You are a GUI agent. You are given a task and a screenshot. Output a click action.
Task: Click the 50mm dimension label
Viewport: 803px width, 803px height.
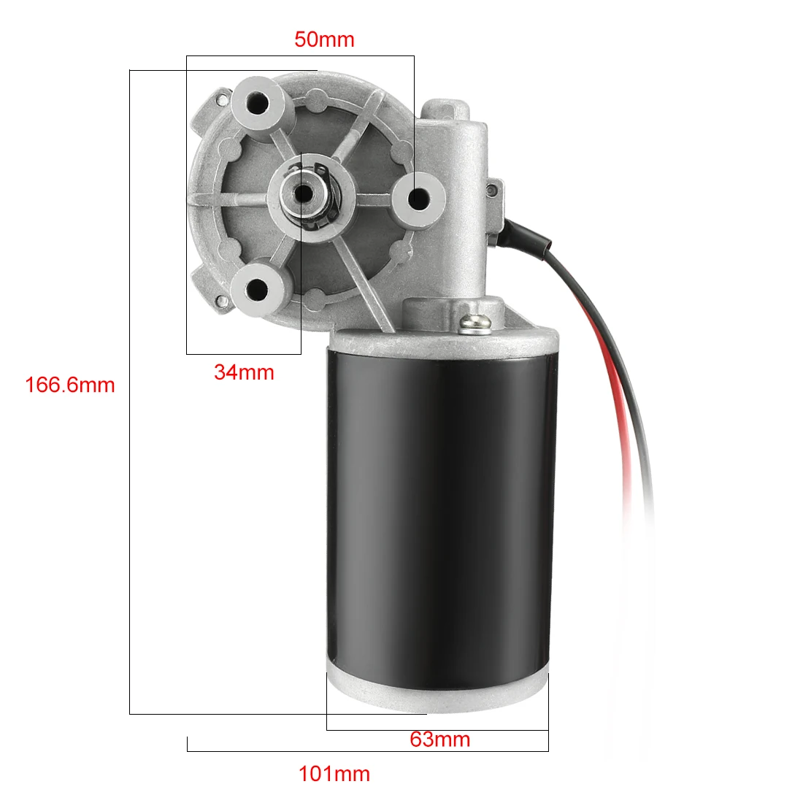pyautogui.click(x=324, y=39)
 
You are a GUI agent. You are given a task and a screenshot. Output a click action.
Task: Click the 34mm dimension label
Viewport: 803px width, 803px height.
pyautogui.click(x=244, y=372)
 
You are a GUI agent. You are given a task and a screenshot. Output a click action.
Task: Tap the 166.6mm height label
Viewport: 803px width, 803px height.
pyautogui.click(x=70, y=385)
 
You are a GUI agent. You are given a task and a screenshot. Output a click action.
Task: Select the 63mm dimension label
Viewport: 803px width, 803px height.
pyautogui.click(x=439, y=739)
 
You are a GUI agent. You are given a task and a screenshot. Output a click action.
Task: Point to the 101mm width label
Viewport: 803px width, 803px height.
pyautogui.click(x=334, y=774)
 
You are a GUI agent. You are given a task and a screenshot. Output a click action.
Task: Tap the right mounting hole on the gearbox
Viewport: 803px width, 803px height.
pyautogui.click(x=419, y=197)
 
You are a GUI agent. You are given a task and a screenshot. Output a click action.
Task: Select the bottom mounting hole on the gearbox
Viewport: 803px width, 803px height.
pyautogui.click(x=257, y=289)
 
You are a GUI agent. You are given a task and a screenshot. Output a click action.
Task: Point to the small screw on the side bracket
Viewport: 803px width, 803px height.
pyautogui.click(x=491, y=191)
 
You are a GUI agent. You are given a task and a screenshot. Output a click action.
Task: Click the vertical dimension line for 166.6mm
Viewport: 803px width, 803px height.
pyautogui.click(x=130, y=511)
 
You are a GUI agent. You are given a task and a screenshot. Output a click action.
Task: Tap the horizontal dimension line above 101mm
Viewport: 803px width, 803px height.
pyautogui.click(x=365, y=750)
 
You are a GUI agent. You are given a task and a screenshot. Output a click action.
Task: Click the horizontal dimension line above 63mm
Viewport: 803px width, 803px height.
pyautogui.click(x=438, y=729)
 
